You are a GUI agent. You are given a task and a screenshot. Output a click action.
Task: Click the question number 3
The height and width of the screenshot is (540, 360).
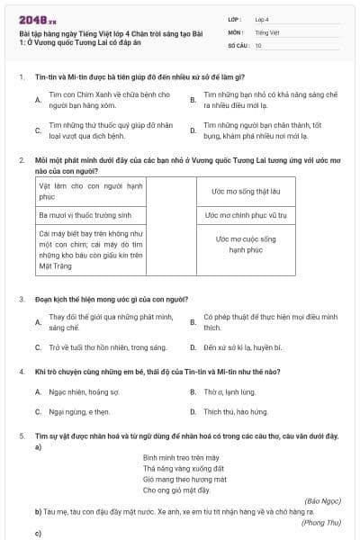(21, 298)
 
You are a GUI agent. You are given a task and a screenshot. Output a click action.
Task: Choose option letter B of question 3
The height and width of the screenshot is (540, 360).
(193, 321)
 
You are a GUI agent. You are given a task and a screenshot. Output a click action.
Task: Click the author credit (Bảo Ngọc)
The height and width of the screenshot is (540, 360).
(323, 499)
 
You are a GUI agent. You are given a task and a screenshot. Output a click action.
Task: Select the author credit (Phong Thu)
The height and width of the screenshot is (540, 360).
(321, 522)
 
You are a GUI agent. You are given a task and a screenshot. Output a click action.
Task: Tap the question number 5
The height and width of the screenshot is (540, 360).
(21, 436)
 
